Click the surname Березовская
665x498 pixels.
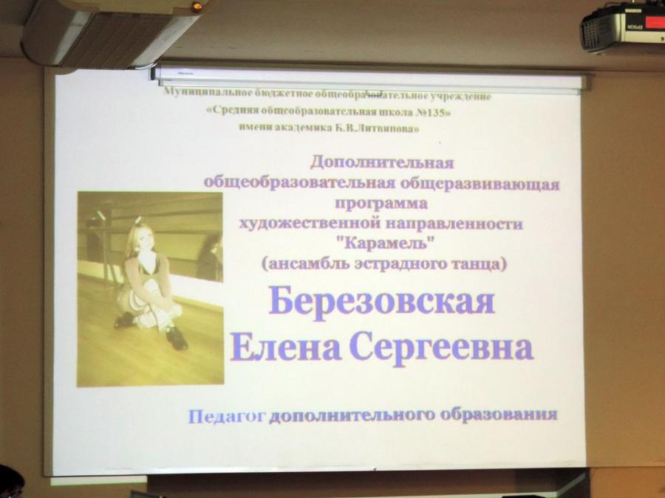tap(382, 301)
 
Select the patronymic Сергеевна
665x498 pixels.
tap(441, 348)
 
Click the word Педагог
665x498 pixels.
tap(228, 417)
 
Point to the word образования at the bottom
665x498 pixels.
tap(499, 414)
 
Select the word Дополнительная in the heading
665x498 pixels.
tap(382, 162)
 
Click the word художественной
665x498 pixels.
tap(310, 223)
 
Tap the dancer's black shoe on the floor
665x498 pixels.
tap(177, 339)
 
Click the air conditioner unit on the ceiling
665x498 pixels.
tap(108, 32)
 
